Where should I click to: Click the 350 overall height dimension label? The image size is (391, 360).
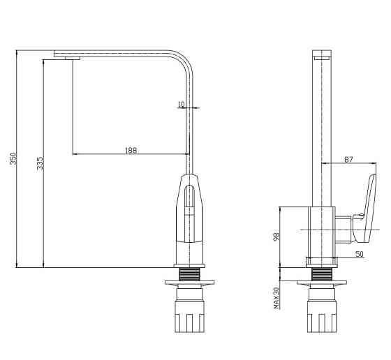13,158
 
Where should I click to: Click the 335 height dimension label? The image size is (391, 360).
40,163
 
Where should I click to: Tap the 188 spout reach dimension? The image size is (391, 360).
131,151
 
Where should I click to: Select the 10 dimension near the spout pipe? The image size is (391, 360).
182,104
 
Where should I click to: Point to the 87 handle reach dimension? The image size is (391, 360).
348,160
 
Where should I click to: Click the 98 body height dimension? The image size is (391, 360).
276,237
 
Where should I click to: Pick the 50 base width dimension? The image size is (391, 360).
360,254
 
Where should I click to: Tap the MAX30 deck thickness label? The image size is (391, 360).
276,298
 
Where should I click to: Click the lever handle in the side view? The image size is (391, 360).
365,209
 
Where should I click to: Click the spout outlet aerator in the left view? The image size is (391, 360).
73,58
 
